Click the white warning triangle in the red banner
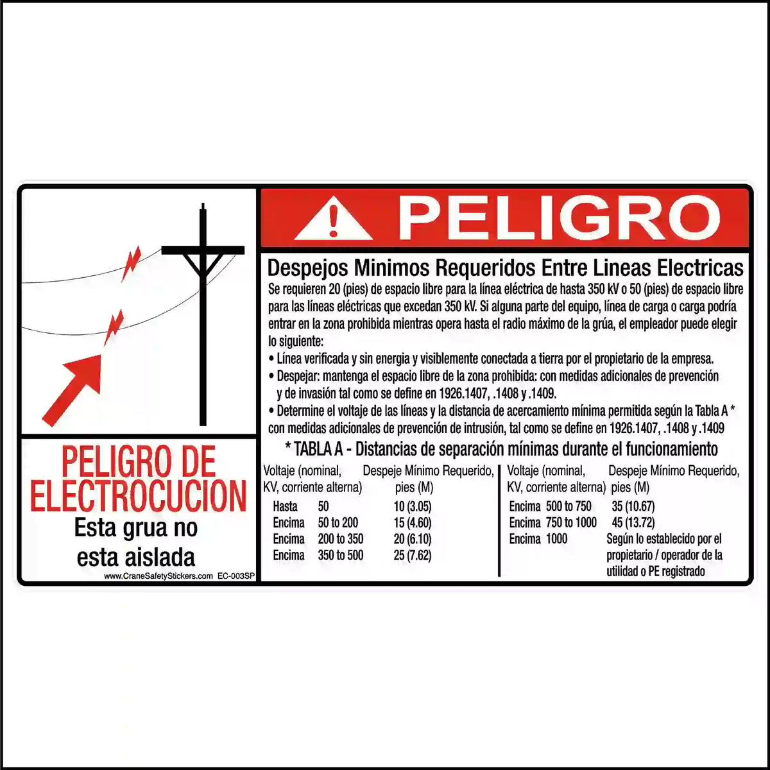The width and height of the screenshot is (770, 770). coord(332,219)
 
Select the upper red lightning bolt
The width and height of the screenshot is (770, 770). coord(132,263)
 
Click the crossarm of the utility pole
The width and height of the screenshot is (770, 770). coord(203,250)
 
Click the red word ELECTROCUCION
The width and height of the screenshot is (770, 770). coord(139,495)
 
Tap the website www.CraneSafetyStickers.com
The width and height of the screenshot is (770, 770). coord(158,576)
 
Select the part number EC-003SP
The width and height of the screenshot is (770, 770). coord(236,576)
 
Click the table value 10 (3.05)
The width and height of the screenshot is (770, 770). coord(413,506)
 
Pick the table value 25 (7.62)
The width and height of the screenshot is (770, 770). coord(413,555)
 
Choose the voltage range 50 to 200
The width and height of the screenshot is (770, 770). coord(338,522)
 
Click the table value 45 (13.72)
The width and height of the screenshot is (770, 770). coord(633,522)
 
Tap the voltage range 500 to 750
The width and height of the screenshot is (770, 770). coord(569,506)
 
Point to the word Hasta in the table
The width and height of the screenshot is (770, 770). coord(285,506)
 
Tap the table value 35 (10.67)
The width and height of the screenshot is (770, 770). coord(633,506)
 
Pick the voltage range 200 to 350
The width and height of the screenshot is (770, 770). coord(340,539)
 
